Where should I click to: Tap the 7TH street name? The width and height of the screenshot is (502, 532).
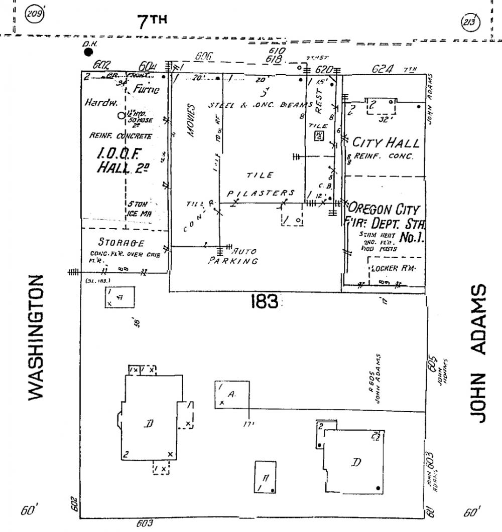[x=152, y=21]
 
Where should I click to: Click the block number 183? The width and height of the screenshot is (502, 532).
[x=264, y=301]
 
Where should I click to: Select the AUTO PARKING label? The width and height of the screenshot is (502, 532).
[x=235, y=256]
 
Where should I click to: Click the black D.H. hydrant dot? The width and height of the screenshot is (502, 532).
[x=88, y=52]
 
